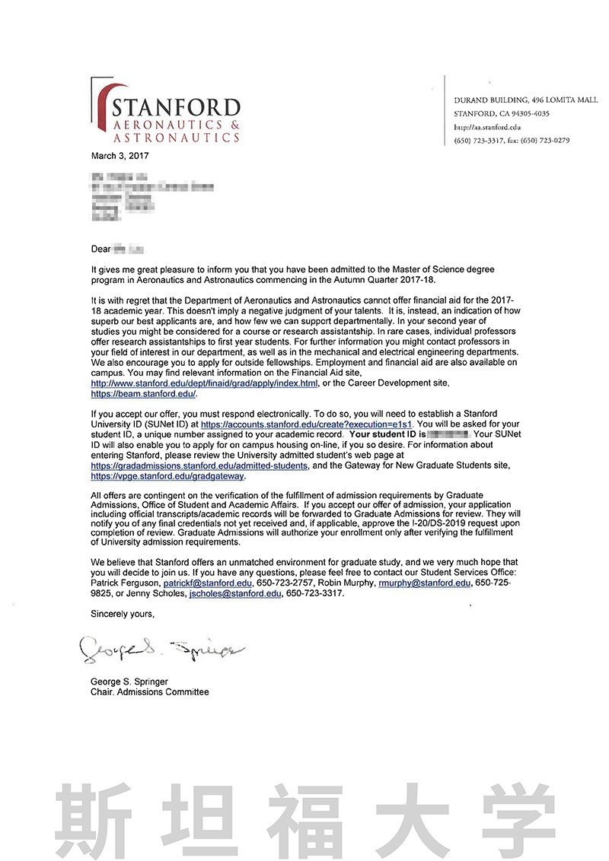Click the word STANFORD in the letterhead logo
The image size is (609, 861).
click(x=175, y=107)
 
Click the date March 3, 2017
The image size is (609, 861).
click(x=120, y=156)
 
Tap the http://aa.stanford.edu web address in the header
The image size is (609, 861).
click(x=487, y=127)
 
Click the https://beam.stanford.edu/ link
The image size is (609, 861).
click(x=144, y=394)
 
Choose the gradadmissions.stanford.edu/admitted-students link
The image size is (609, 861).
click(x=199, y=465)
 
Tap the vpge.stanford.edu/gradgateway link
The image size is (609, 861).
click(x=167, y=476)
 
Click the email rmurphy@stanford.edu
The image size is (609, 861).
click(x=424, y=583)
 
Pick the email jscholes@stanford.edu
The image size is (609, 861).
click(x=236, y=593)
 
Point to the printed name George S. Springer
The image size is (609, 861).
click(x=129, y=681)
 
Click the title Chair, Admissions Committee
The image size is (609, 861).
click(x=149, y=692)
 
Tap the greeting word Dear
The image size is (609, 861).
click(x=100, y=249)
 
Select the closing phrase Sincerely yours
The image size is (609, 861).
click(x=123, y=612)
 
